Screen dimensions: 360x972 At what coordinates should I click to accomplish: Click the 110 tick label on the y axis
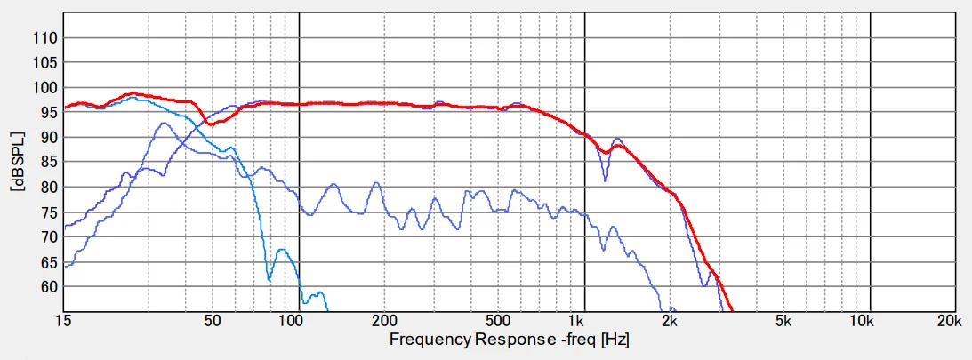pos(45,38)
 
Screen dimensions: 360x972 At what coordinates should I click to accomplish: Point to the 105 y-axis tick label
pos(45,63)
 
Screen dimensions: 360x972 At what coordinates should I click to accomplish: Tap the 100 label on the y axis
pos(45,88)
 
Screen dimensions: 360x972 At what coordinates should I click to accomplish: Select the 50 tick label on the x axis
pos(213,320)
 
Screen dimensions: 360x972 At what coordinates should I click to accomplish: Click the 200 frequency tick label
pos(384,320)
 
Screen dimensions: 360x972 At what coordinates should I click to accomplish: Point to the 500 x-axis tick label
pos(498,320)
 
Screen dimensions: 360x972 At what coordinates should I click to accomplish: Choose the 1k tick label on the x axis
pos(578,320)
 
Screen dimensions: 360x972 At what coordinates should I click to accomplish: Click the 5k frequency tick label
pos(783,320)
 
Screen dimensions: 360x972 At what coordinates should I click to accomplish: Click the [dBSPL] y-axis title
pos(15,163)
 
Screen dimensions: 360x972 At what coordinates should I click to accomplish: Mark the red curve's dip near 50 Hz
pos(210,124)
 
